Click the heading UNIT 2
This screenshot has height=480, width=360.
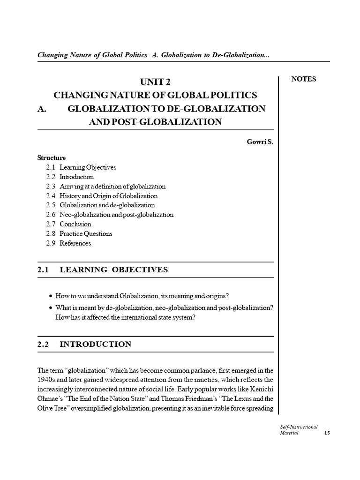point(155,81)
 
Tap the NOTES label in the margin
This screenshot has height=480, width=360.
point(304,79)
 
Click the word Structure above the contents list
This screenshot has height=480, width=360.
point(52,158)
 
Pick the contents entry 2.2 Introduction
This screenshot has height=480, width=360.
point(70,177)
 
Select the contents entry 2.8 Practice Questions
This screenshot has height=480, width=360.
point(79,233)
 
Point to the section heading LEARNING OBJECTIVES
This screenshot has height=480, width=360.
point(113,270)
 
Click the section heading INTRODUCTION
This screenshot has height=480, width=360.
point(96,344)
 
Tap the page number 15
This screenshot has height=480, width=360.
point(327,433)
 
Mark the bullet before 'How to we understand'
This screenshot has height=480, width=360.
point(51,297)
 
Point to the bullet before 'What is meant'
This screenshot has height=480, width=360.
point(51,307)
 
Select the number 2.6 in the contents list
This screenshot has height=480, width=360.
point(51,215)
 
